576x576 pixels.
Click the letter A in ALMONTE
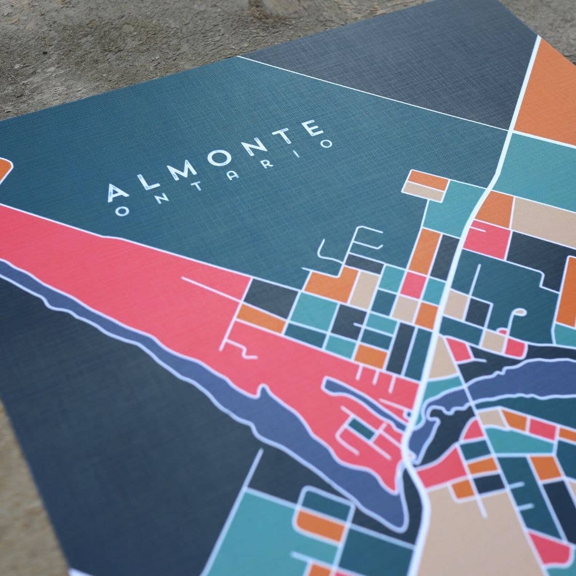(118, 192)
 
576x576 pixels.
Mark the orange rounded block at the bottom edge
(320, 525)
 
